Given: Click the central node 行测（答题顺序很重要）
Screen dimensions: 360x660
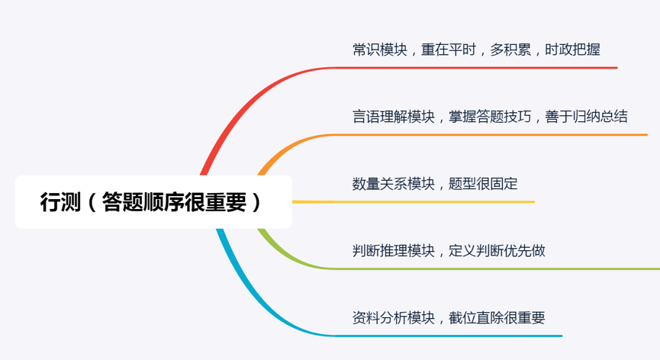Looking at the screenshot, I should pos(153,202).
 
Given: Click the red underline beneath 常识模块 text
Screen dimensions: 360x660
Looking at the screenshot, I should pos(473,68).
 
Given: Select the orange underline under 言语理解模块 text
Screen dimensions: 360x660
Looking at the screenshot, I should pos(488,135).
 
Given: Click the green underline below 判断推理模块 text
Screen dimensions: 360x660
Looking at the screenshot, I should pos(496,268).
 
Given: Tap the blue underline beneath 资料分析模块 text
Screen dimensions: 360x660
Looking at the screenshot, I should pos(450,336).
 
